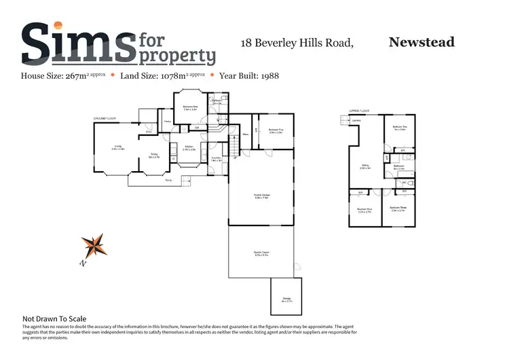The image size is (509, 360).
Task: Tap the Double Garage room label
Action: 262,197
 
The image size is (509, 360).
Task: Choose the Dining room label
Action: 154,156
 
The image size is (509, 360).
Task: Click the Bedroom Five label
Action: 275,130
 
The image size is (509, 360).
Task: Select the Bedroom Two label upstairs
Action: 399,128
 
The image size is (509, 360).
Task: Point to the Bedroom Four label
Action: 364,210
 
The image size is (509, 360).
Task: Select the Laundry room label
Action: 216,158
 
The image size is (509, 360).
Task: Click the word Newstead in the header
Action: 421,42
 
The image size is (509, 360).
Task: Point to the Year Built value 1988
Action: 265,75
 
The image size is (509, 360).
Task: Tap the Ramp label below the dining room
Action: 167,179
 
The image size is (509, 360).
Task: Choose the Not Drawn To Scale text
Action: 54,318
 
